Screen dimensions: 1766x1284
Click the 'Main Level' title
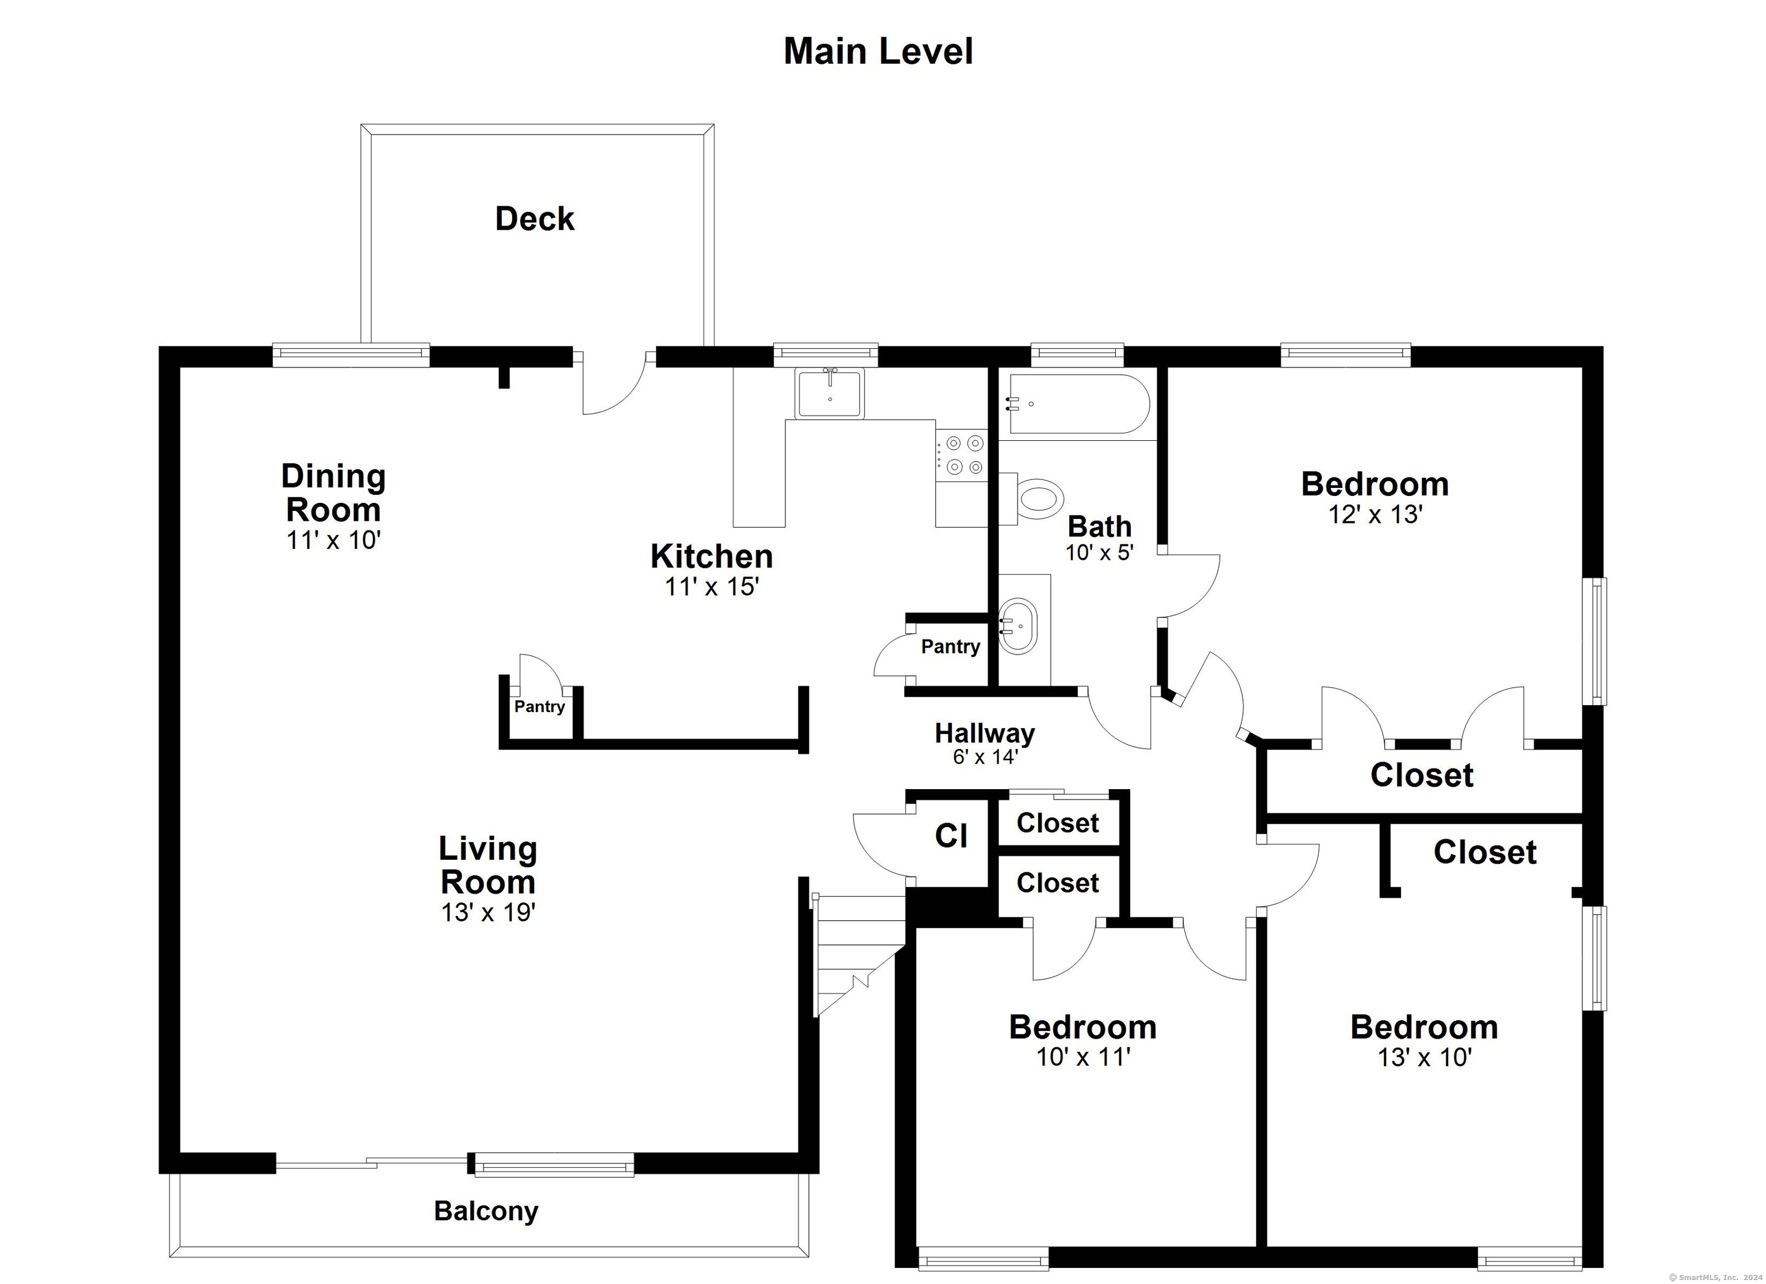tap(878, 51)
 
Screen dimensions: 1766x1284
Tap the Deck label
tap(535, 219)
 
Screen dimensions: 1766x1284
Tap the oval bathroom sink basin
tap(1019, 626)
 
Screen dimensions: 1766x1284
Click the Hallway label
tap(985, 733)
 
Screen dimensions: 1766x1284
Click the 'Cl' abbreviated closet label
tap(951, 836)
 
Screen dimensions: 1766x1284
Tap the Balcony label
tap(486, 1211)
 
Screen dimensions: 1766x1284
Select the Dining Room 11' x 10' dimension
tap(333, 540)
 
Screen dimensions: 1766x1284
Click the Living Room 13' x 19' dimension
tap(488, 912)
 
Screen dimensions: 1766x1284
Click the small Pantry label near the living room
tap(539, 706)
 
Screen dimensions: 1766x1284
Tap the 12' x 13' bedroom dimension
tap(1376, 514)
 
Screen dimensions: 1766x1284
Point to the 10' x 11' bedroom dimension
tap(1083, 1056)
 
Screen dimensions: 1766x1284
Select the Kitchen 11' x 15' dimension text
tap(712, 586)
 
